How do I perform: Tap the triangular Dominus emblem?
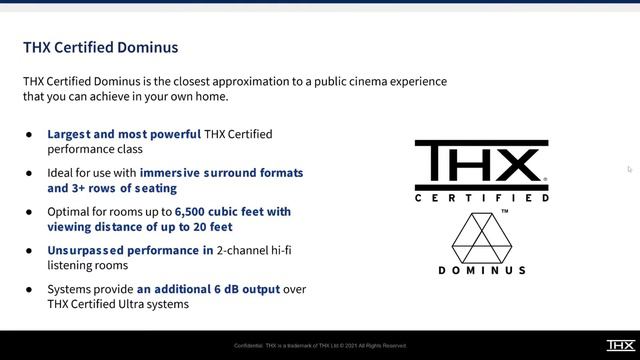click(482, 236)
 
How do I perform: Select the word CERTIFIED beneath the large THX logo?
click(482, 198)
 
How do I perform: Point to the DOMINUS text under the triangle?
click(482, 270)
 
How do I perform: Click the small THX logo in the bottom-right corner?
click(619, 345)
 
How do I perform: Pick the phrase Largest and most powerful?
click(124, 134)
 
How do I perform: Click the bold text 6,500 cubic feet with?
click(233, 212)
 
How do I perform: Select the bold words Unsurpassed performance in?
click(130, 250)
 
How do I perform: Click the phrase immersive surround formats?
click(221, 173)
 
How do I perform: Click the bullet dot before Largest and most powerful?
click(29, 134)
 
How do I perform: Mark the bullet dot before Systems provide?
click(29, 289)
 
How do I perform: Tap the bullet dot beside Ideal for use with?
click(29, 173)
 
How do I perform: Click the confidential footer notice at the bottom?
click(320, 346)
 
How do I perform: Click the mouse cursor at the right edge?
click(629, 169)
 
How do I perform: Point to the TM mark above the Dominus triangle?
click(504, 212)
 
